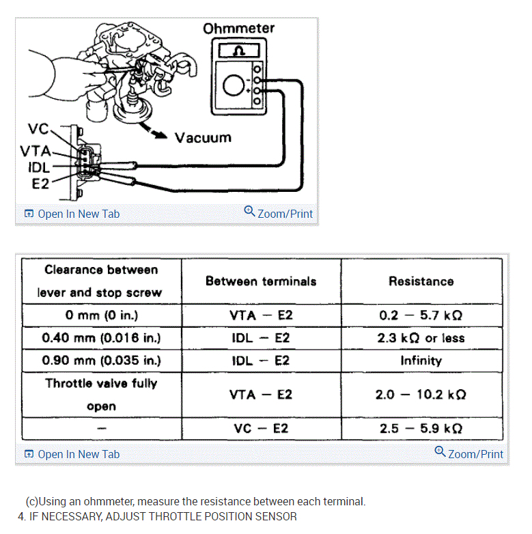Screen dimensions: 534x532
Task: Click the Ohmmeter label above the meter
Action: pyautogui.click(x=238, y=29)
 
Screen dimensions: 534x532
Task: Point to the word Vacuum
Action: pyautogui.click(x=203, y=137)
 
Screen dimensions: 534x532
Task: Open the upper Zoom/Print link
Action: pyautogui.click(x=279, y=213)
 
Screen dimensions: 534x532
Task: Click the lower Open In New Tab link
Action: pyautogui.click(x=72, y=454)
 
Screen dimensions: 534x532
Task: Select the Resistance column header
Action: pyautogui.click(x=421, y=281)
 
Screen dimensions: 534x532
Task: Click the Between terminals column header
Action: pyautogui.click(x=261, y=281)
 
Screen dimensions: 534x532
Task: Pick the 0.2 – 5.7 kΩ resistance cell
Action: pyautogui.click(x=421, y=315)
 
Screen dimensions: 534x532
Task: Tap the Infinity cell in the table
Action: pyautogui.click(x=421, y=361)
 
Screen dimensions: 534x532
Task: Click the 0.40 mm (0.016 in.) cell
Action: pyautogui.click(x=101, y=338)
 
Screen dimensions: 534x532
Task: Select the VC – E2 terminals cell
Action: pyautogui.click(x=261, y=428)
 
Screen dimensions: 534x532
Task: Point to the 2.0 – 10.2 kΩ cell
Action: pyautogui.click(x=421, y=395)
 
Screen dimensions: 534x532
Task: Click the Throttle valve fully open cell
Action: pyautogui.click(x=101, y=395)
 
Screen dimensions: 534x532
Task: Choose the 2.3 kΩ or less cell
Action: pyautogui.click(x=421, y=338)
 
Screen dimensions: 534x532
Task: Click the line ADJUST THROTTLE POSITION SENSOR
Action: pyautogui.click(x=158, y=516)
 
